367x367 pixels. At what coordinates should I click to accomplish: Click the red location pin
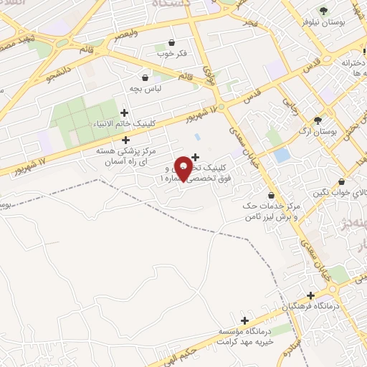[184, 168]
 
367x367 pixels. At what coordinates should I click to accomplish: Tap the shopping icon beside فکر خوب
[171, 43]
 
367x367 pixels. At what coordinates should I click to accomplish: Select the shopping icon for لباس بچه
[146, 77]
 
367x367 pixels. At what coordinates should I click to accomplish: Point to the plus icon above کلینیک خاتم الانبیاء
[125, 113]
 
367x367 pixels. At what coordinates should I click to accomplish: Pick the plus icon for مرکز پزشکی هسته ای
[126, 140]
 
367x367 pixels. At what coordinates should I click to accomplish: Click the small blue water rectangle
[282, 155]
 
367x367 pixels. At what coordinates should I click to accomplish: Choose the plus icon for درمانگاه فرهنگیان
[310, 295]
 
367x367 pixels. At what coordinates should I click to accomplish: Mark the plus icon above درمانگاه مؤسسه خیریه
[245, 320]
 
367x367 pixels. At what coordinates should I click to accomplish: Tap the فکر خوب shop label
[172, 53]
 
